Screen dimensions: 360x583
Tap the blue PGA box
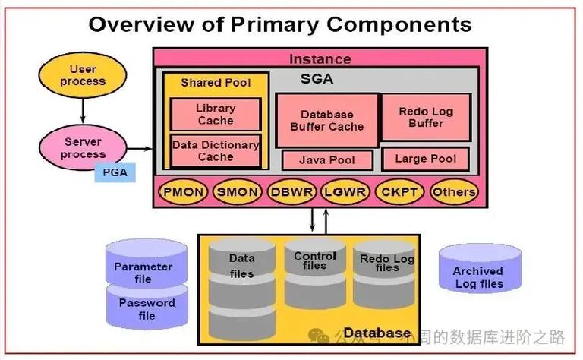115,173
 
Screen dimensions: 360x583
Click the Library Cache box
216,114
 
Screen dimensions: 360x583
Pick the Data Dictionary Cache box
216,150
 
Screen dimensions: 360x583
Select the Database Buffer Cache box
326,120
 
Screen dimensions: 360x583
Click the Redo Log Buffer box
425,117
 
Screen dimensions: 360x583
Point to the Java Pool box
328,160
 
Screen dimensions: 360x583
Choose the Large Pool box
426,159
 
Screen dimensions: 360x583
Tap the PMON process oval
182,192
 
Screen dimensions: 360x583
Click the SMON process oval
237,192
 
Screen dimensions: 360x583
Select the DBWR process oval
291,192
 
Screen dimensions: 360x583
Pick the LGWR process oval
345,192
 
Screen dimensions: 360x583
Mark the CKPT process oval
399,192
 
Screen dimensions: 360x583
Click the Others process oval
454,192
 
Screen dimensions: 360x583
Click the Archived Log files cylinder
479,273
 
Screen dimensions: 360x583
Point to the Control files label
314,261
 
